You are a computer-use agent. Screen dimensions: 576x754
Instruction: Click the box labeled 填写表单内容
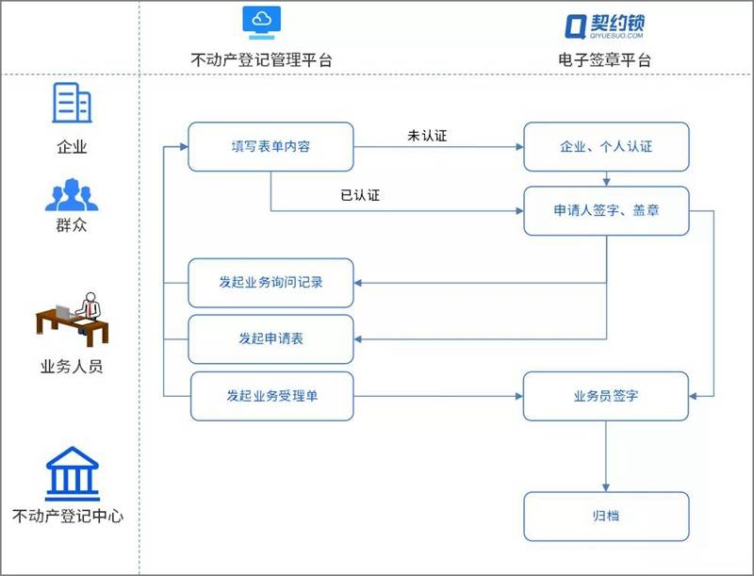(270, 147)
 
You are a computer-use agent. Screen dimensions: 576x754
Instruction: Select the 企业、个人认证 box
(606, 147)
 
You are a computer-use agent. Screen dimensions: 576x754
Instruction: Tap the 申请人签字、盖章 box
(606, 210)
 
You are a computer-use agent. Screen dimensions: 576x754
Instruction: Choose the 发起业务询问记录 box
(270, 282)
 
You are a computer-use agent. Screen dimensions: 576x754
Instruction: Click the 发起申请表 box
(270, 338)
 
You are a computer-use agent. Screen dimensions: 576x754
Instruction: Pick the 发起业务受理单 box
(271, 396)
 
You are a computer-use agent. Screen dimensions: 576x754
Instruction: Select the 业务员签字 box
(606, 396)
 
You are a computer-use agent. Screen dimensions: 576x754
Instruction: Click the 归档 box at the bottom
(606, 516)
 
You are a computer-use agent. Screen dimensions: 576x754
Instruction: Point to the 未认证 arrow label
(427, 136)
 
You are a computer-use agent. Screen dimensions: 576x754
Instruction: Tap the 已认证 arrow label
(359, 196)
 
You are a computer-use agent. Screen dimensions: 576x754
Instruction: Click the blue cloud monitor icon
(261, 23)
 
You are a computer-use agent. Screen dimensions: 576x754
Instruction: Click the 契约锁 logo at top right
(604, 25)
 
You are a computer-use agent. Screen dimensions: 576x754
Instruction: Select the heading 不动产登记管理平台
(261, 60)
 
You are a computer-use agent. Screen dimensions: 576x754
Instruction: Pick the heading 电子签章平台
(604, 60)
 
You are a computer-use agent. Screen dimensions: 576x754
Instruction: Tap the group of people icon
(71, 194)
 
